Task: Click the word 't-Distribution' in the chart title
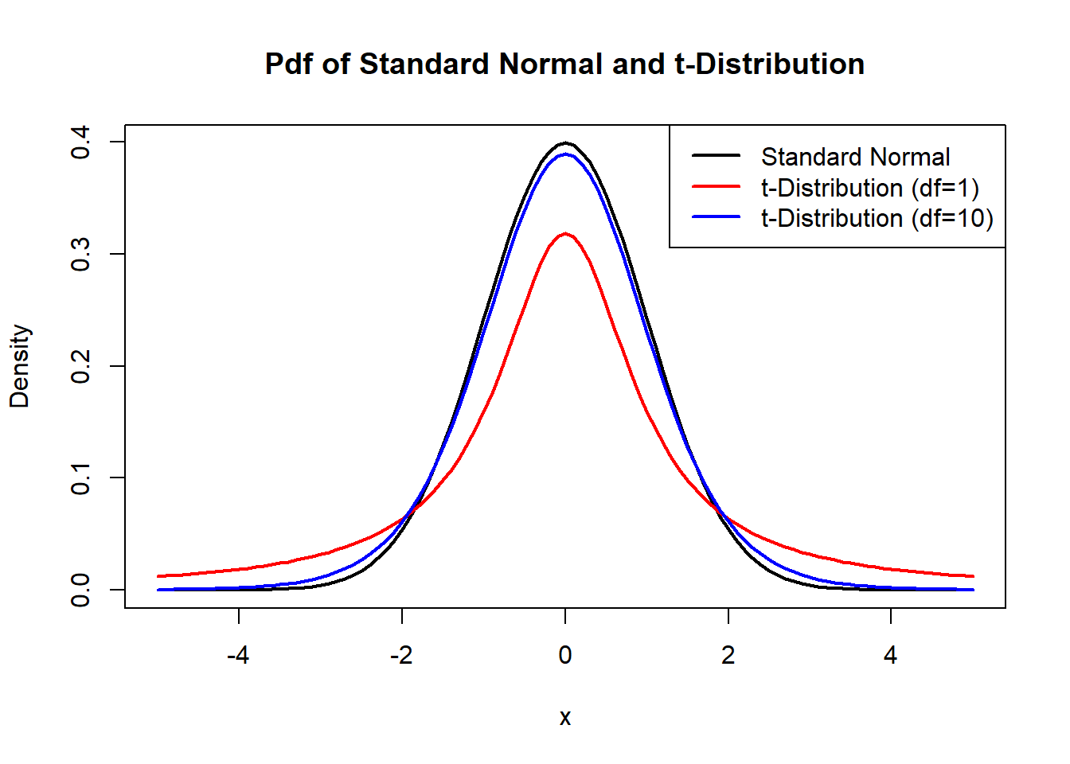pyautogui.click(x=769, y=64)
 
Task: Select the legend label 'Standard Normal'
pyautogui.click(x=855, y=157)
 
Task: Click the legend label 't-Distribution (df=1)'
pyautogui.click(x=869, y=188)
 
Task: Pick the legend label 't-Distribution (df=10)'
pyautogui.click(x=877, y=218)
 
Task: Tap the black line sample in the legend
pyautogui.click(x=716, y=157)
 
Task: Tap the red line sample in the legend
pyautogui.click(x=716, y=187)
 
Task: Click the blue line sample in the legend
pyautogui.click(x=716, y=217)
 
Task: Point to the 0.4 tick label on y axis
pyautogui.click(x=80, y=142)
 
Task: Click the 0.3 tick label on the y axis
pyautogui.click(x=80, y=255)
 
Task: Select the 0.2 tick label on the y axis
pyautogui.click(x=80, y=366)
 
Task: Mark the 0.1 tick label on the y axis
pyautogui.click(x=80, y=478)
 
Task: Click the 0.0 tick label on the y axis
pyautogui.click(x=80, y=590)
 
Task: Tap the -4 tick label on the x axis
pyautogui.click(x=238, y=656)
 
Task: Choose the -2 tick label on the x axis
pyautogui.click(x=401, y=656)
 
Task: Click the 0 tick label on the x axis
pyautogui.click(x=565, y=656)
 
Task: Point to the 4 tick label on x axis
pyautogui.click(x=891, y=656)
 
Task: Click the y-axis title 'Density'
pyautogui.click(x=20, y=366)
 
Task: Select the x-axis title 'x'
pyautogui.click(x=565, y=718)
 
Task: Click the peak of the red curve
pyautogui.click(x=565, y=234)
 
